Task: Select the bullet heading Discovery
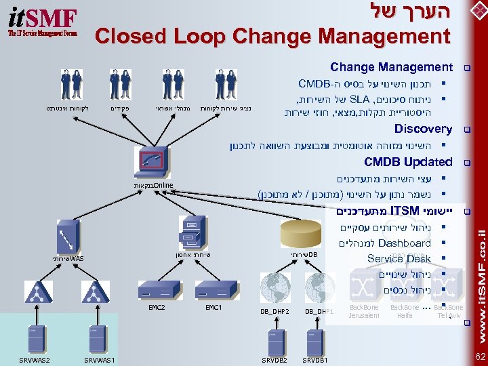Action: [423, 129]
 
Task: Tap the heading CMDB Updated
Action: [407, 162]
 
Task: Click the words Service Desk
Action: [399, 258]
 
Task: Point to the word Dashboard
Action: [405, 243]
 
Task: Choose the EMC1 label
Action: [213, 307]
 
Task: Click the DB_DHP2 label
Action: [275, 311]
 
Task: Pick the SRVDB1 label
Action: [315, 359]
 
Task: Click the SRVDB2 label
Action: [274, 359]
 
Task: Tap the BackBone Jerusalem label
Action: [364, 311]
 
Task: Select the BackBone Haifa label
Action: [405, 311]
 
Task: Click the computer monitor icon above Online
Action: [153, 161]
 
